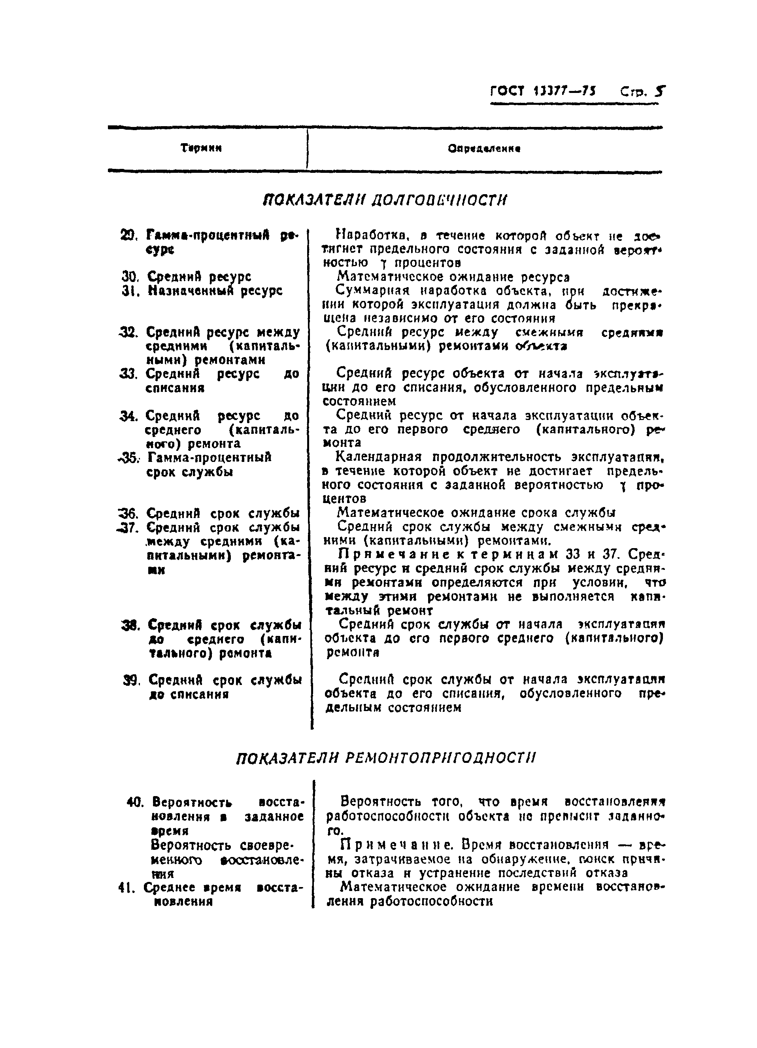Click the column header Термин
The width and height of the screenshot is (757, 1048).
click(x=201, y=148)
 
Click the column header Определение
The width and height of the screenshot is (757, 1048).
click(x=484, y=149)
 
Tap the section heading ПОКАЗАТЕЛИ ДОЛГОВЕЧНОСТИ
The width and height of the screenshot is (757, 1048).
click(x=385, y=200)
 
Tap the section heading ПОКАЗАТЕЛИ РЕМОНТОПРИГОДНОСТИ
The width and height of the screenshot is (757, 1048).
click(x=386, y=758)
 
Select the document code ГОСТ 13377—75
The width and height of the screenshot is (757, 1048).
click(x=542, y=91)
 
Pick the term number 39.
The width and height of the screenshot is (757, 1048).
click(x=132, y=680)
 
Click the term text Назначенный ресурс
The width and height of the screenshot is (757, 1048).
click(x=215, y=291)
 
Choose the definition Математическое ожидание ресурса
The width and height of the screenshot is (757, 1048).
click(x=453, y=277)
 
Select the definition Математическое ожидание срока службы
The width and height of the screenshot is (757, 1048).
click(x=476, y=513)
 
